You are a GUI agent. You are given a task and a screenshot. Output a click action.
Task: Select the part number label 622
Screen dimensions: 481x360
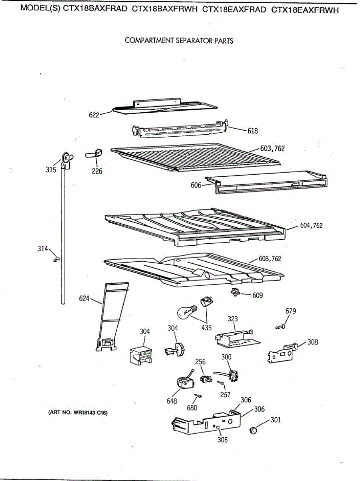coord(94,115)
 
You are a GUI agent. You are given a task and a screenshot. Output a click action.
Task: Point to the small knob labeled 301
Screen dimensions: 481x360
coord(253,430)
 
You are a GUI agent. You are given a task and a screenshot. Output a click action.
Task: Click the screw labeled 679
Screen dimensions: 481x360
coord(281,327)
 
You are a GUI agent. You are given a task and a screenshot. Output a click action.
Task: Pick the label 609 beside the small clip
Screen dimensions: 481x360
coord(257,295)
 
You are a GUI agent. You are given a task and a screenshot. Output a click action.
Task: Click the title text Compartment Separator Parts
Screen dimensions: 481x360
coord(179,40)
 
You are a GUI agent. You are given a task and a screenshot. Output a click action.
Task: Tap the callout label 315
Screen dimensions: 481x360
coord(51,170)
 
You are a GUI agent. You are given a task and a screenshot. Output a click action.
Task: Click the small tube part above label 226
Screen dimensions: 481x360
coord(94,153)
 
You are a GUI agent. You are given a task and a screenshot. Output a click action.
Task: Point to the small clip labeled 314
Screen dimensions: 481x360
coord(56,259)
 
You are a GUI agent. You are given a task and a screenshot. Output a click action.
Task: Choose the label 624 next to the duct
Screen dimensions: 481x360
coord(84,299)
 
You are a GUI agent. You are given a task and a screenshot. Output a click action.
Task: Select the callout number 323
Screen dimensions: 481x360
coord(233,319)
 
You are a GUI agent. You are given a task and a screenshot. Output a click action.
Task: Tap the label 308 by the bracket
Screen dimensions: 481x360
coord(313,342)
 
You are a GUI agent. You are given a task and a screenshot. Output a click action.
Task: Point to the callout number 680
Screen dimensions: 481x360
coord(192,408)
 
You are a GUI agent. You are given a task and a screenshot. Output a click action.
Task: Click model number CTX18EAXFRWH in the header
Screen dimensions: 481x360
coord(305,10)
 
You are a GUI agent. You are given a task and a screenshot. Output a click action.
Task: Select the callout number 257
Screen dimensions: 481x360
coord(225,395)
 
